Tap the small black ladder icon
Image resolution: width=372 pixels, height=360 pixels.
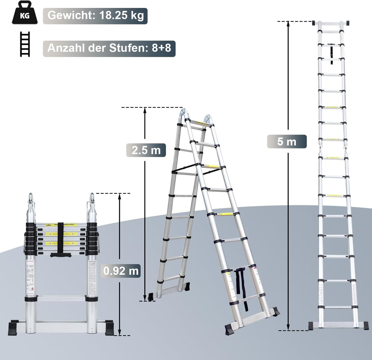(25, 44)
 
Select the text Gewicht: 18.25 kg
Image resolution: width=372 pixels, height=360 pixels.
(95, 16)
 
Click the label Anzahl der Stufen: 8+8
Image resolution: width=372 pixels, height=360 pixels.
(109, 48)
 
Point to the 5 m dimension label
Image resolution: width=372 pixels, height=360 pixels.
(287, 141)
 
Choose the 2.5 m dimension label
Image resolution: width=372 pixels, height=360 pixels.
(146, 150)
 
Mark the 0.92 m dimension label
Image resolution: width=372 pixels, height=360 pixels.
(121, 271)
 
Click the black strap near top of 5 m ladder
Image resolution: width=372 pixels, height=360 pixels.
(332, 54)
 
